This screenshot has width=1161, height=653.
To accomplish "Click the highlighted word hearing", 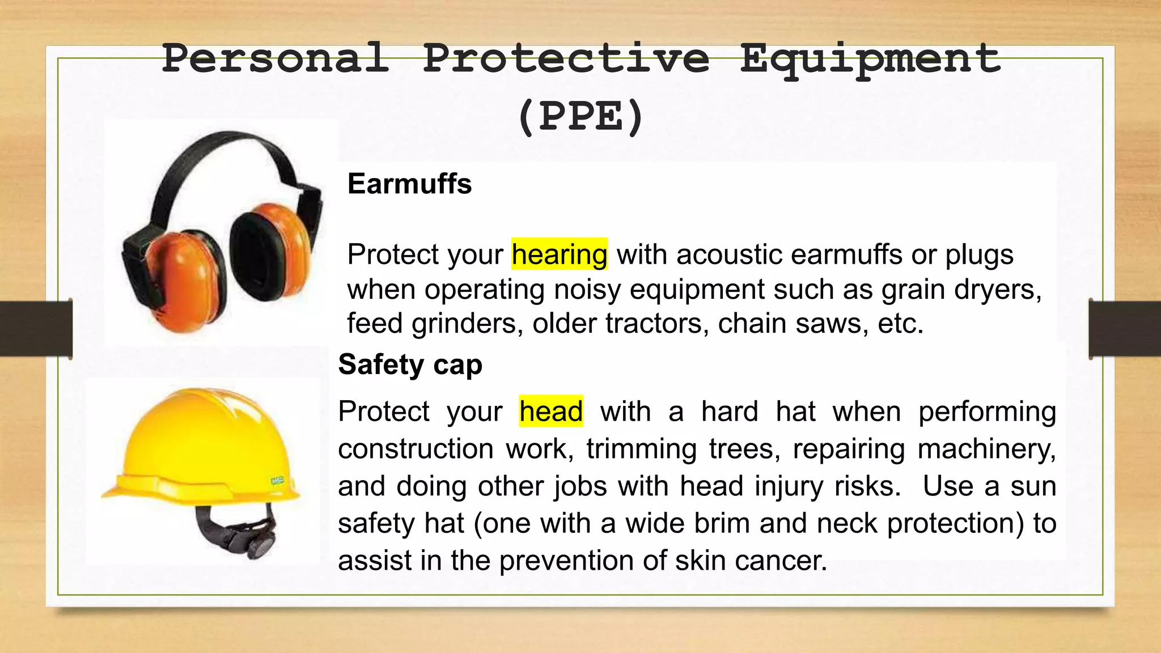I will tap(560, 254).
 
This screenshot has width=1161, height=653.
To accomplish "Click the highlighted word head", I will tap(551, 411).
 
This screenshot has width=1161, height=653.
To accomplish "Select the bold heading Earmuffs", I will tap(409, 184).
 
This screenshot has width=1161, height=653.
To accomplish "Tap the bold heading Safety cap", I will tap(410, 364).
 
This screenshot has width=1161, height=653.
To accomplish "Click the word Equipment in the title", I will tap(870, 59).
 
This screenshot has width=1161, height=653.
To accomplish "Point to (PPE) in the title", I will tap(580, 116).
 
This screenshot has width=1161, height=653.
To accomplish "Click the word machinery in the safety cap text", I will tap(986, 449).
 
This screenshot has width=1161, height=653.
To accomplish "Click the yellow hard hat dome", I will tap(198, 431).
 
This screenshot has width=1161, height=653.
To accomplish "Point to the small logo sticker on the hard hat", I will tap(277, 481).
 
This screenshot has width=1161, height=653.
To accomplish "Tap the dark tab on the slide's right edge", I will tap(1125, 329).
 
